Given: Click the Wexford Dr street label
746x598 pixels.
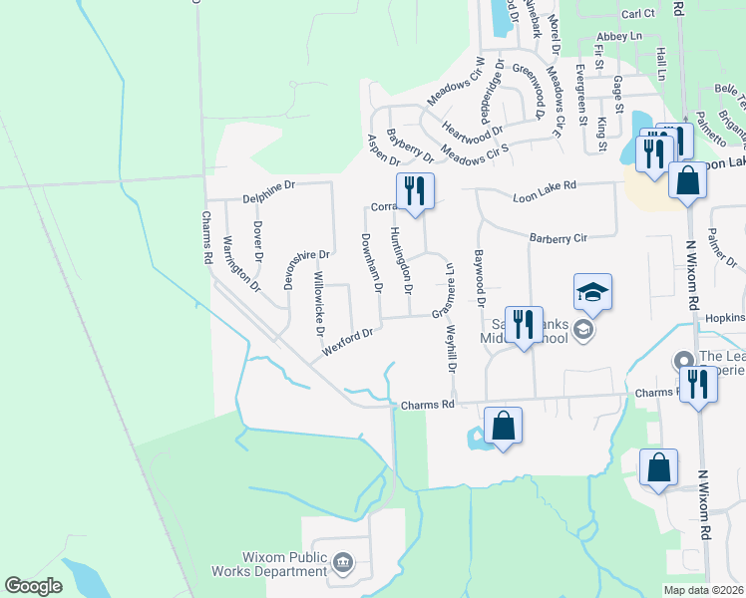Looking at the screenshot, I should pos(347,342).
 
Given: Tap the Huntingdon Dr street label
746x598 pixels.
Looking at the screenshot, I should pos(401,261).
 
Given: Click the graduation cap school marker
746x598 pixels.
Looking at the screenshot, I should pos(592,291).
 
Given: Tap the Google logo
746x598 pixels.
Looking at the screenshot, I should pos(33,586).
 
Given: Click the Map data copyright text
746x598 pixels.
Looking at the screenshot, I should pos(702,590).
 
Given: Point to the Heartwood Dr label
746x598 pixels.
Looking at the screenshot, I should pos(473,131).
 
